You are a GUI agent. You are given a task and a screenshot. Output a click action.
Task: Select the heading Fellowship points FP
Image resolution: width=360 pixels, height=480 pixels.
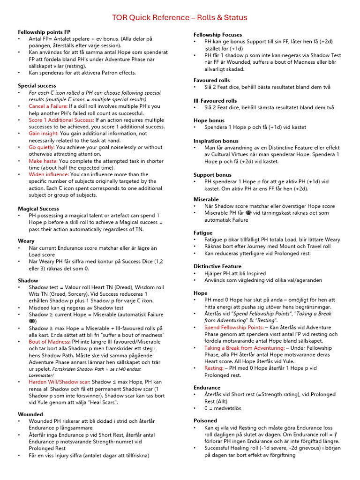pos(44,31)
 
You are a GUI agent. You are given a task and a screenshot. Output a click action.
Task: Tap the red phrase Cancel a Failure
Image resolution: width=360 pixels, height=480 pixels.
pos(47,106)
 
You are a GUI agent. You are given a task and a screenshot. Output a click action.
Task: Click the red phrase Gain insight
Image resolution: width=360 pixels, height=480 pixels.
pos(43,134)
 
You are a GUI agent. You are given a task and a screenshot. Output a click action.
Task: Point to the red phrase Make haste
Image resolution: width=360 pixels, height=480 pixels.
pos(43,161)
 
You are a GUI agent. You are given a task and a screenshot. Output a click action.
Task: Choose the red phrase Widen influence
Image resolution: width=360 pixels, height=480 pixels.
pos(48,174)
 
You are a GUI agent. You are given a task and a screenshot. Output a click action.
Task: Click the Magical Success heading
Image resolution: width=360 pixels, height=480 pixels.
pos(38,209)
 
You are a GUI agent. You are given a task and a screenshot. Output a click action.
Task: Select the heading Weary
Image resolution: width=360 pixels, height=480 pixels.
pos(26,241)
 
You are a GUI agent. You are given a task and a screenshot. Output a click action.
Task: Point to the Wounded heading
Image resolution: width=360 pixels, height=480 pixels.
pos(30,414)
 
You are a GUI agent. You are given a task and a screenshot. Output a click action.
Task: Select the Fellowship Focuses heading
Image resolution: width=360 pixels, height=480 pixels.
pos(217,35)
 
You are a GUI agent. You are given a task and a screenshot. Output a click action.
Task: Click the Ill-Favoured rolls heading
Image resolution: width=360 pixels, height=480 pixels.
pos(215,101)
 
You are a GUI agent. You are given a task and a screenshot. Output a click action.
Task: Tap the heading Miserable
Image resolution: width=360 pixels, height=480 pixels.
pos(206,199)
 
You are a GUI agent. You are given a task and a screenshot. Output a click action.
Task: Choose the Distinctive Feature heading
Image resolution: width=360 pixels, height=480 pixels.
pos(217,266)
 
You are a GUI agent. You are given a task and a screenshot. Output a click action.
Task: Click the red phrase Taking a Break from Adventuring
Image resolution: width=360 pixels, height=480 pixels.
pos(244,348)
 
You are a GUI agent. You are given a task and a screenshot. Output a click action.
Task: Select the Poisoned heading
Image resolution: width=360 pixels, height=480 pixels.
pos(205,420)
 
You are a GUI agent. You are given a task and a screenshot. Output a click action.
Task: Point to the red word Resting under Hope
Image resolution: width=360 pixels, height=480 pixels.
pos(213,368)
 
